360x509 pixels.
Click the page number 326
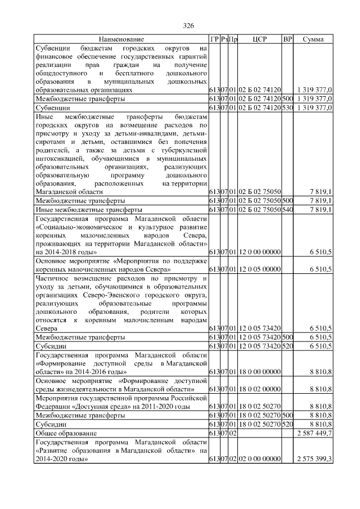coord(188,26)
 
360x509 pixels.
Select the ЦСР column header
coord(259,39)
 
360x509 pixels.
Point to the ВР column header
coord(287,39)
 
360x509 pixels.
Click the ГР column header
coord(214,39)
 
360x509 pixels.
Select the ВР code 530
coord(287,107)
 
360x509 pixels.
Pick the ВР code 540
coord(287,209)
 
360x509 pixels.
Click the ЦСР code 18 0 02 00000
coord(259,389)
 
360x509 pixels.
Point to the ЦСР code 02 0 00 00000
coord(259,459)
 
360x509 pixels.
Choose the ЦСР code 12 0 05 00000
coord(259,269)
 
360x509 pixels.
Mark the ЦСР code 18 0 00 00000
coord(259,372)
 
